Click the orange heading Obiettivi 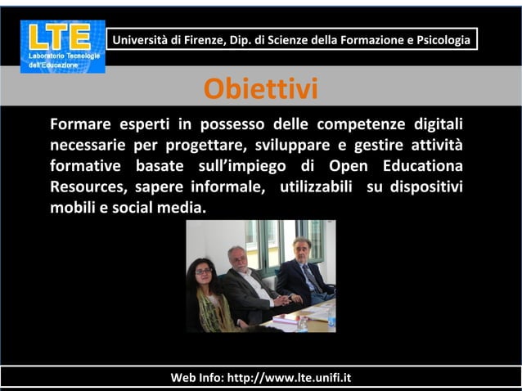[260, 89]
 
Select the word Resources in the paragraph [88, 187]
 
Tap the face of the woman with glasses [202, 270]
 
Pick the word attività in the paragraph [435, 146]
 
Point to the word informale [233, 187]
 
